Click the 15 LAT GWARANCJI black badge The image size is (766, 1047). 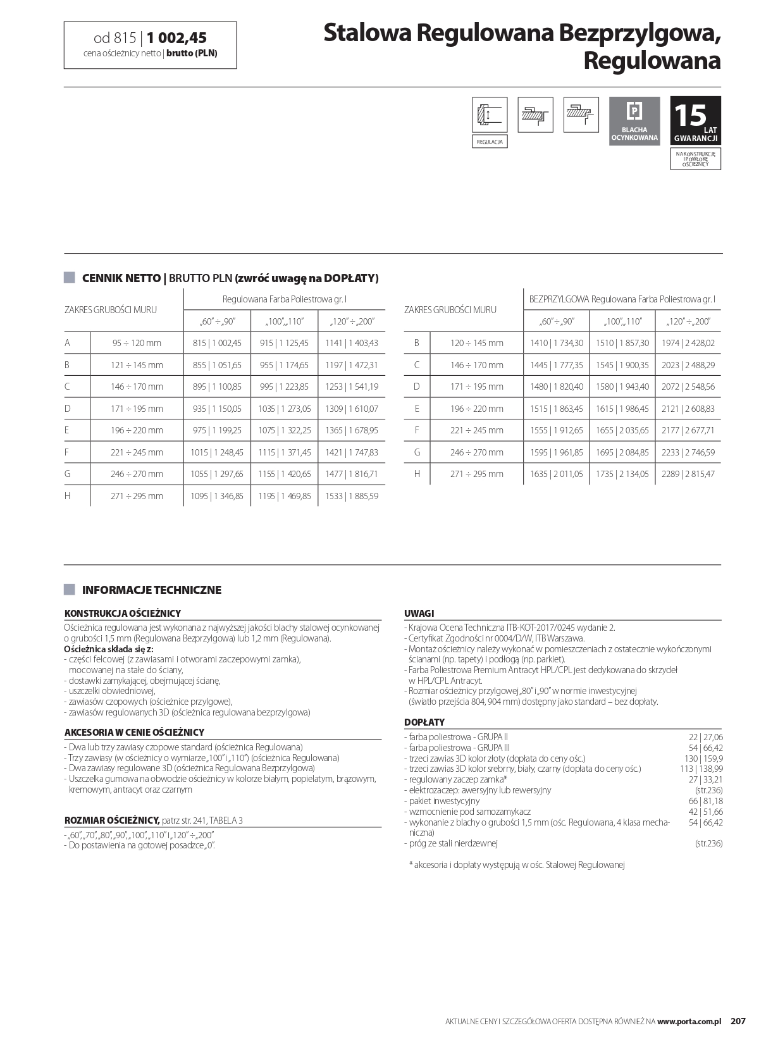[695, 121]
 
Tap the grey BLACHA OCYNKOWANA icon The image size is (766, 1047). [634, 121]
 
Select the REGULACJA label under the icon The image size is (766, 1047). [490, 142]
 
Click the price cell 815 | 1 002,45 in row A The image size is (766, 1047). [217, 343]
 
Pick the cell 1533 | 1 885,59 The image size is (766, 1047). [351, 496]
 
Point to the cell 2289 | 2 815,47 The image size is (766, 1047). [688, 474]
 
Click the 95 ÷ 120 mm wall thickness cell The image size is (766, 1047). [137, 343]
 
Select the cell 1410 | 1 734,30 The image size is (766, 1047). [557, 343]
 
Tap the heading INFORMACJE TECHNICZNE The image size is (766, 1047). [152, 590]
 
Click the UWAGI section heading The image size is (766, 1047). [419, 613]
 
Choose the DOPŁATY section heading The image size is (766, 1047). [424, 722]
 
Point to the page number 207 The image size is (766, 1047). [738, 1021]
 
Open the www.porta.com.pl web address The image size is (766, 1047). [689, 1021]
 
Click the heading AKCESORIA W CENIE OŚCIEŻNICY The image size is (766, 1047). [134, 732]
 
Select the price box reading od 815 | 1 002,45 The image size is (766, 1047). [150, 45]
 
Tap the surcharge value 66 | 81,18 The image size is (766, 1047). [705, 801]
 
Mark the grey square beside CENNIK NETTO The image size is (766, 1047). [70, 278]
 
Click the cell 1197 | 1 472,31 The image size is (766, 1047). [351, 365]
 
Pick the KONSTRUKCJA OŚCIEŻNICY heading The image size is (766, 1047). [123, 613]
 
